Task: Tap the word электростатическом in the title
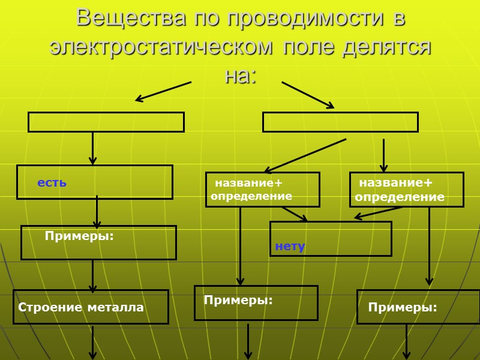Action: (x=158, y=47)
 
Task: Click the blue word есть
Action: (x=52, y=182)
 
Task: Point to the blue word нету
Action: (x=290, y=247)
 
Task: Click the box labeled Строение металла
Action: (x=91, y=307)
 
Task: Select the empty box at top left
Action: (x=106, y=122)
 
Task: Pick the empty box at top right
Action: (x=340, y=122)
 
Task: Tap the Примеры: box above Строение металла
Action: (x=98, y=242)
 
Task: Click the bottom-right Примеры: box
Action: (x=418, y=307)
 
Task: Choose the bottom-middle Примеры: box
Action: (x=256, y=302)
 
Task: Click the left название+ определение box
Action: (x=262, y=190)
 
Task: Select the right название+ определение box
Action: (x=406, y=190)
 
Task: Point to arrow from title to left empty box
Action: (x=163, y=91)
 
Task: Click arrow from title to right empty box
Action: (x=308, y=95)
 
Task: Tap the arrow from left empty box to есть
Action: (x=92, y=148)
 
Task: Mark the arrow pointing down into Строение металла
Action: (x=92, y=275)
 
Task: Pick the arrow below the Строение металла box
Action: (x=93, y=343)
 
